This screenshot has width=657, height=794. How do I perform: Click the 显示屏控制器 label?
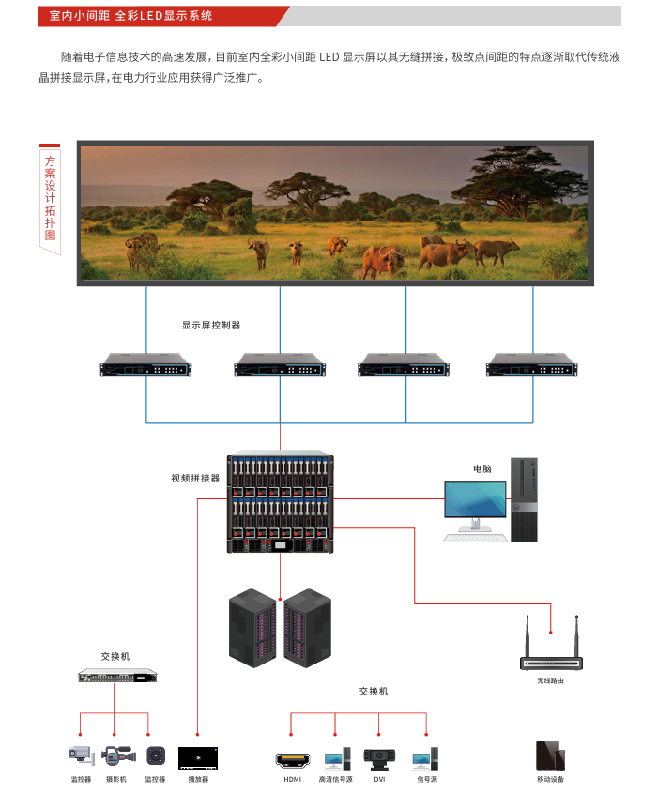(211, 325)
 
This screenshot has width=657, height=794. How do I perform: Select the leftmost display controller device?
(145, 365)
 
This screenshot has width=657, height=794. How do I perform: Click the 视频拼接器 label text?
(195, 478)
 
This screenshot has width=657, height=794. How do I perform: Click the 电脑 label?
(482, 467)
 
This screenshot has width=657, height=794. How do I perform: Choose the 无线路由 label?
(551, 680)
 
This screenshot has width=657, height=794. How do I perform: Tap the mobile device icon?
(550, 755)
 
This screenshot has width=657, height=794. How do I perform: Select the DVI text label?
(379, 779)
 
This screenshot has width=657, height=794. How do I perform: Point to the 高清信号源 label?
(335, 779)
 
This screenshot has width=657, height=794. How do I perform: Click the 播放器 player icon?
(198, 756)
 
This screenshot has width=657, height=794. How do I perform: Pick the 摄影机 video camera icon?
(116, 756)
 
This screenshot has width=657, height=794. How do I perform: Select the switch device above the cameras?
(117, 675)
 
